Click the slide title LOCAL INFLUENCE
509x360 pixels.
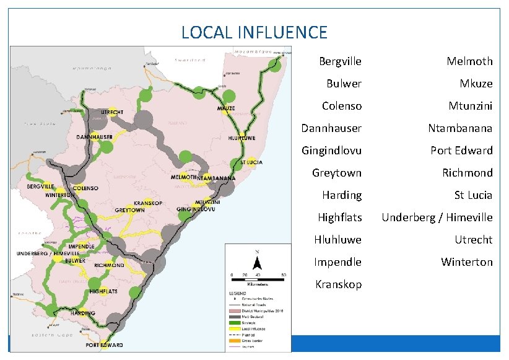coord(254,32)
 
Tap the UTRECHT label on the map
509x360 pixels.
coord(111,112)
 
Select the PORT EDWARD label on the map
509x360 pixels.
coord(104,345)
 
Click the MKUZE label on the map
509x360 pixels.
coord(226,108)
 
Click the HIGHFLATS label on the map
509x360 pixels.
coord(104,291)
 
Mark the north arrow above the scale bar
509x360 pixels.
coord(257,259)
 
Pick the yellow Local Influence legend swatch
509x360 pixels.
coord(237,328)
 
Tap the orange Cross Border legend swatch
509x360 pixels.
coord(237,340)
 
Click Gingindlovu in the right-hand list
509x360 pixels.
coord(331,151)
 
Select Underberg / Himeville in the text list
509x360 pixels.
coord(437,217)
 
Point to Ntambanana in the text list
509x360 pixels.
coord(460,128)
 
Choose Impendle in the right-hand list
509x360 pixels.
coord(337,262)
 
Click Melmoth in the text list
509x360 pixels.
coord(470,61)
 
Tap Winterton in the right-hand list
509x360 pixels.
coord(466,262)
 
